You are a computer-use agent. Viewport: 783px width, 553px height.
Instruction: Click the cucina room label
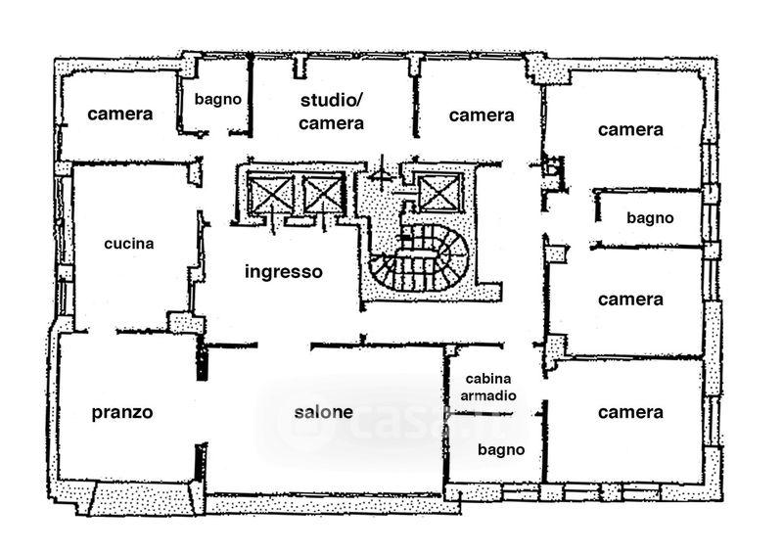(x=129, y=244)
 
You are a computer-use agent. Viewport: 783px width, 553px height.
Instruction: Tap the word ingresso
(x=284, y=272)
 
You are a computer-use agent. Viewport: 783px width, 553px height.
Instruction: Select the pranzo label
(x=122, y=413)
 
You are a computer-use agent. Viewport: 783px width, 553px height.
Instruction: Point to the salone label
(x=324, y=412)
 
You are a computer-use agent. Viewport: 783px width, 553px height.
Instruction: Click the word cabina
(x=487, y=379)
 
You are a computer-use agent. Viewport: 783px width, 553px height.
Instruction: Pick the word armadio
(x=487, y=395)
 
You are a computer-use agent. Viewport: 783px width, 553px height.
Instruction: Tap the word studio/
(x=331, y=101)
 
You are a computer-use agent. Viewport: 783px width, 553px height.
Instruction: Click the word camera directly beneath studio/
(x=331, y=123)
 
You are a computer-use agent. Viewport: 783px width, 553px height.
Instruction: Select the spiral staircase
(x=420, y=257)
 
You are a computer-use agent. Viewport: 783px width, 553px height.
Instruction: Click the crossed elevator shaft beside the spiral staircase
(x=438, y=193)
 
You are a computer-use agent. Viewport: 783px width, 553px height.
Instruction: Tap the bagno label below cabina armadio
(x=501, y=450)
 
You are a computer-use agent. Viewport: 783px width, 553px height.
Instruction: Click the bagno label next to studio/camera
(x=217, y=100)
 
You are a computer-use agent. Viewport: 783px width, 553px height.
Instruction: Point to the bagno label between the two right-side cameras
(x=650, y=218)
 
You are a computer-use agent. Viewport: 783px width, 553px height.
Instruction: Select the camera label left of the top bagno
(x=119, y=114)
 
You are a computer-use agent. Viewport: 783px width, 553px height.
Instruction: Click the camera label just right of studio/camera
(x=482, y=115)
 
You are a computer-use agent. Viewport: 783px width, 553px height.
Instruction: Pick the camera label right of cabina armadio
(x=630, y=413)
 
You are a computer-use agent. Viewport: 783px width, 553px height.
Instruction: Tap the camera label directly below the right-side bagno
(x=630, y=300)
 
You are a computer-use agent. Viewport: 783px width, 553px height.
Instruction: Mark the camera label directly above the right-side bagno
(x=630, y=130)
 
